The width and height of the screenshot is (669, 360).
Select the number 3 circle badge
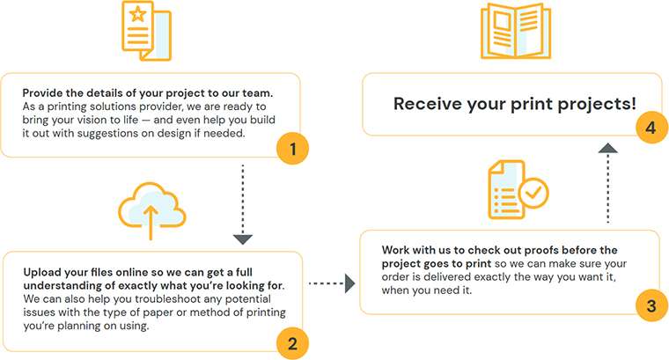click(651, 306)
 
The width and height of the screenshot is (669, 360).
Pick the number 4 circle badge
click(651, 128)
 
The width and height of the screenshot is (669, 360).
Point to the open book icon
click(510, 33)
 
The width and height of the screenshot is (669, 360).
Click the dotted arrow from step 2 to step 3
click(332, 283)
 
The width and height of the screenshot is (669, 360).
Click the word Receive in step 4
click(427, 104)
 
